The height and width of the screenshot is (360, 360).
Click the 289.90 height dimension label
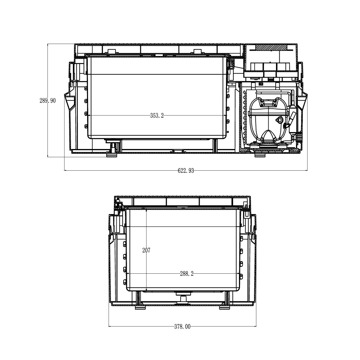pyautogui.click(x=48, y=101)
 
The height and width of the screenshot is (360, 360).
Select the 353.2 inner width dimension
pyautogui.click(x=157, y=115)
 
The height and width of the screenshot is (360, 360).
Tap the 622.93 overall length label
pyautogui.click(x=186, y=171)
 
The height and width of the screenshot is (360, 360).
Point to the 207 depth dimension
pyautogui.click(x=146, y=250)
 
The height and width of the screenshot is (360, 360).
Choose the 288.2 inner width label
pyautogui.click(x=187, y=274)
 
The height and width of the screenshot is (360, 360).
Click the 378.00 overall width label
pyautogui.click(x=182, y=326)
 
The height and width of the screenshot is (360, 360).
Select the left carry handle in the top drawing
pyautogui.click(x=70, y=101)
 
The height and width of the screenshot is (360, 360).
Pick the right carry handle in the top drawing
pyautogui.click(x=302, y=101)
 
